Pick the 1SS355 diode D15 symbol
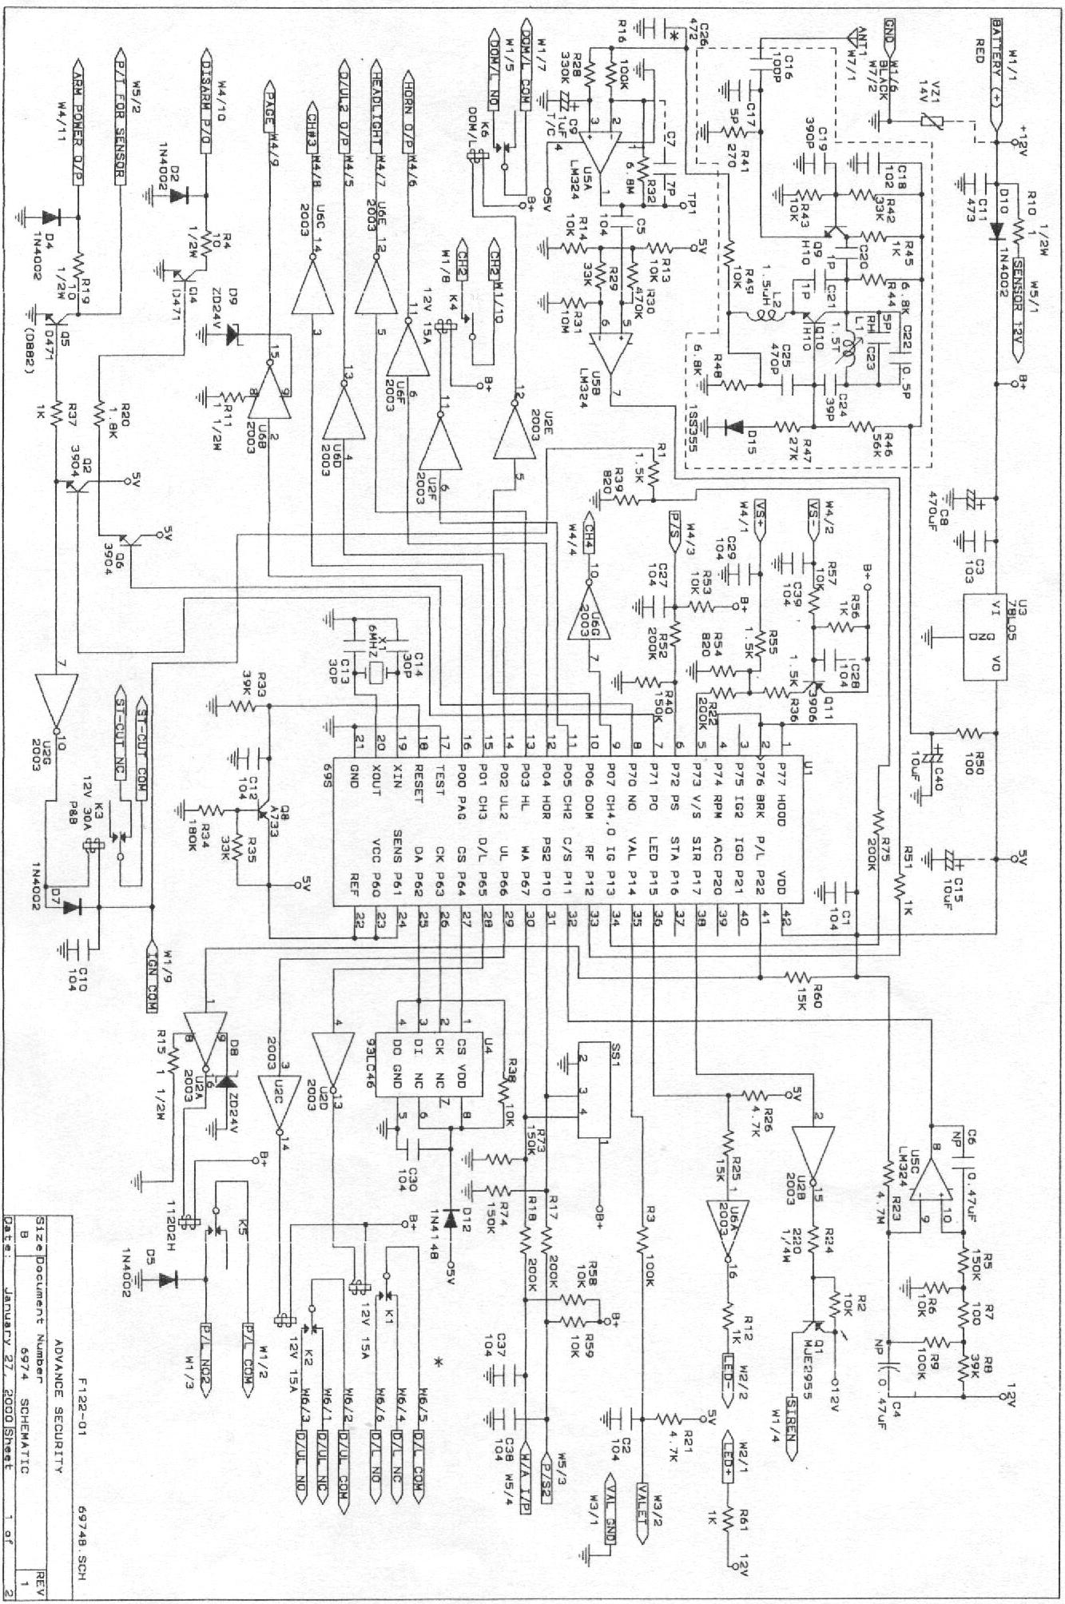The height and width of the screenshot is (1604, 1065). tap(728, 425)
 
